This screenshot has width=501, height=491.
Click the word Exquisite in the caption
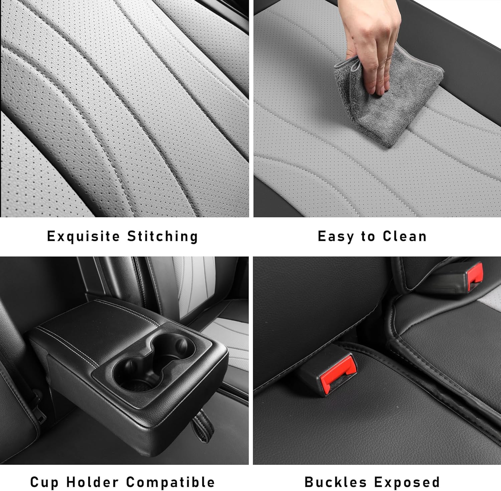[x=83, y=236]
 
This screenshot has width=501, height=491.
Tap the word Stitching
[x=163, y=236]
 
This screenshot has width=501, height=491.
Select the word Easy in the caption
[x=336, y=236]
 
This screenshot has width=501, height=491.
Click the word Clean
[x=404, y=236]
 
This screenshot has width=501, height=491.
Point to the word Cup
[x=44, y=482]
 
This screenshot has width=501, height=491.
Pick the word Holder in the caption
[x=92, y=482]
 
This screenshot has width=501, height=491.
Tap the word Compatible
[x=170, y=482]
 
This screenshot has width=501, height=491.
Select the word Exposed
[x=406, y=482]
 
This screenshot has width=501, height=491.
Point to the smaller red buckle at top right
[x=475, y=276]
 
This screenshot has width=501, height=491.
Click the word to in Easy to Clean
[x=368, y=236]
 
